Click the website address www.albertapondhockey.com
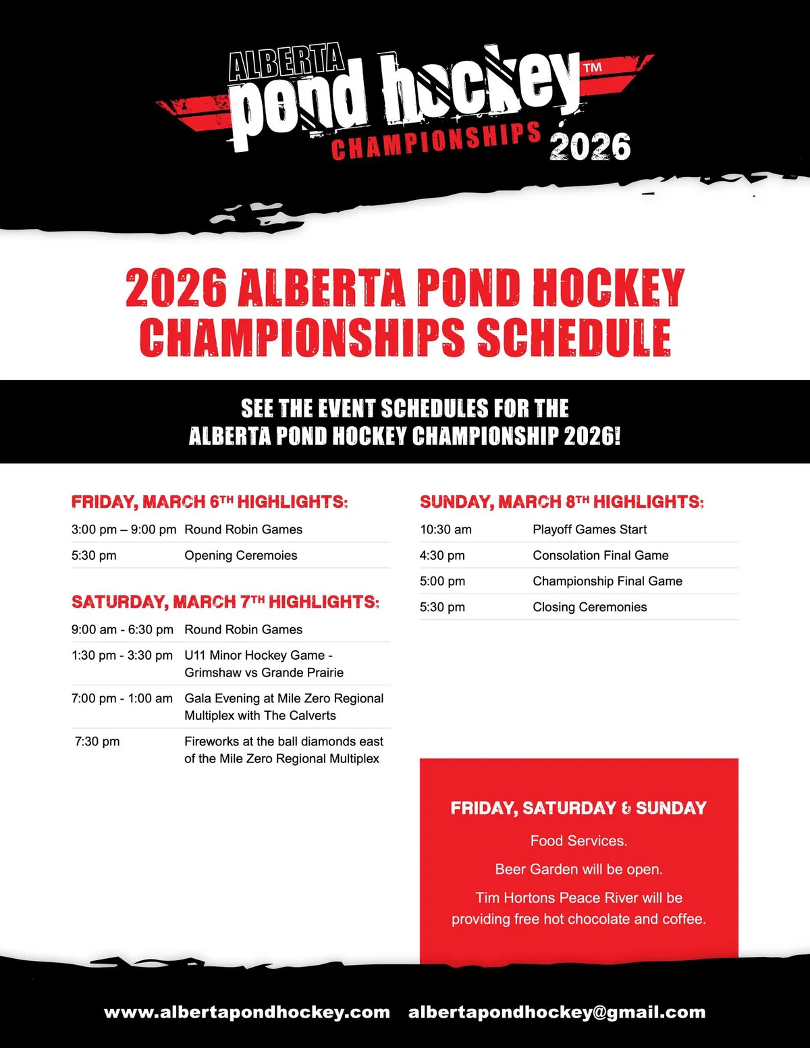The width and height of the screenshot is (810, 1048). [247, 1012]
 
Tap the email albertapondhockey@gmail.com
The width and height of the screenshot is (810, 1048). [557, 1012]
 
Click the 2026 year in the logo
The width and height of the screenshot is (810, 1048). [590, 147]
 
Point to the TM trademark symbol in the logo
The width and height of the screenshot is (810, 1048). [593, 68]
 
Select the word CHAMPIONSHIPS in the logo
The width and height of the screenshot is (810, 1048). [436, 142]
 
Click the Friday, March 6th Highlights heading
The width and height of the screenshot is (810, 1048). [209, 502]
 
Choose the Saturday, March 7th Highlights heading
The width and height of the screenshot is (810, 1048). [225, 602]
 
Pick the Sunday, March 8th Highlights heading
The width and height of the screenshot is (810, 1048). [562, 502]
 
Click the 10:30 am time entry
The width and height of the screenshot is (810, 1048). [446, 529]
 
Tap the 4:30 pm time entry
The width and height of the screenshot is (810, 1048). [442, 555]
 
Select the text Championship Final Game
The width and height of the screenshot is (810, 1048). [607, 581]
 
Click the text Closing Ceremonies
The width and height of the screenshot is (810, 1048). [590, 607]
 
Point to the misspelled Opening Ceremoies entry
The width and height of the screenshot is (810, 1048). [241, 555]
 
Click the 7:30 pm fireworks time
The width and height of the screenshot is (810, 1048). [97, 741]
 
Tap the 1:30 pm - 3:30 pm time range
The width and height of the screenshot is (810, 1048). [122, 655]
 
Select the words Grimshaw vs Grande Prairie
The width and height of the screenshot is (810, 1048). [264, 673]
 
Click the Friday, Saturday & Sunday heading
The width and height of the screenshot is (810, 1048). [578, 808]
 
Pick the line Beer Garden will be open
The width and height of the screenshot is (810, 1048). [578, 869]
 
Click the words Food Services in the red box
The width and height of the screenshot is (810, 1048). [578, 841]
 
